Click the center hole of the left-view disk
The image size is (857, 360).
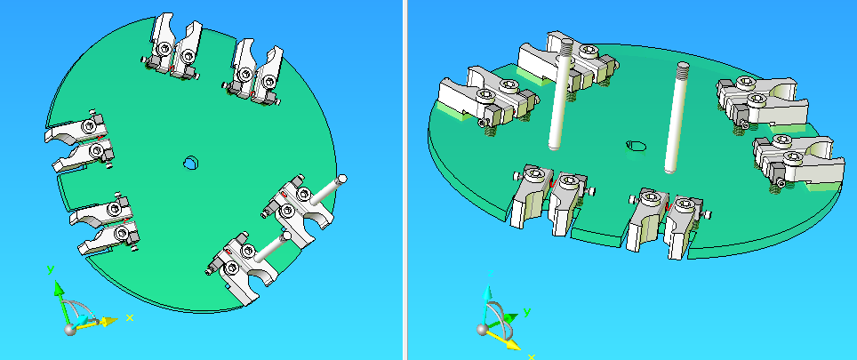pyautogui.click(x=191, y=163)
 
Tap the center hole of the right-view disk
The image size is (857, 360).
pyautogui.click(x=636, y=146)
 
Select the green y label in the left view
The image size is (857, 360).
pyautogui.click(x=51, y=268)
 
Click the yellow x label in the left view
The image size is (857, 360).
pyautogui.click(x=130, y=317)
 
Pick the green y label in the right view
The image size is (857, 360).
pyautogui.click(x=527, y=312)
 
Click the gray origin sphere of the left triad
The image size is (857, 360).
pyautogui.click(x=69, y=330)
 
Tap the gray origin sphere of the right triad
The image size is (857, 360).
pyautogui.click(x=482, y=329)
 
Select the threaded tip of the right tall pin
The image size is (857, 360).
pyautogui.click(x=682, y=70)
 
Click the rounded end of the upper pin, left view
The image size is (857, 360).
pyautogui.click(x=342, y=179)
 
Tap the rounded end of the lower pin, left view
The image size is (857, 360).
pyautogui.click(x=286, y=236)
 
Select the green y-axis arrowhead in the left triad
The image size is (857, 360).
pyautogui.click(x=57, y=287)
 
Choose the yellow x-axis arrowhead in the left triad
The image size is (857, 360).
pyautogui.click(x=111, y=321)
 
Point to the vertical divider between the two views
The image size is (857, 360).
pyautogui.click(x=405, y=180)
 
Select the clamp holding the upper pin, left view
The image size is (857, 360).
pyautogui.click(x=298, y=209)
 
